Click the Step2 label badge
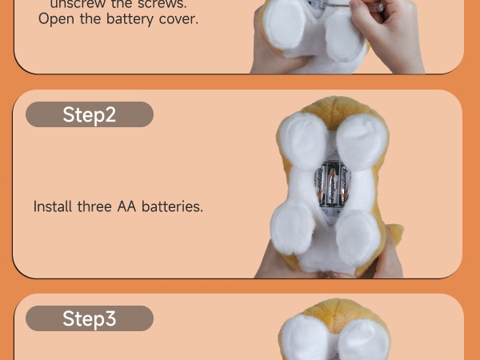pyautogui.click(x=89, y=114)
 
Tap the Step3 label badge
pyautogui.click(x=89, y=318)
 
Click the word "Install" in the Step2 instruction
pyautogui.click(x=54, y=206)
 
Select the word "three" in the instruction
pyautogui.click(x=95, y=206)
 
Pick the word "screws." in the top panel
pyautogui.click(x=165, y=3)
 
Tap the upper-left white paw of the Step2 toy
pyautogui.click(x=305, y=141)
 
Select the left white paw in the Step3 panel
pyautogui.click(x=306, y=339)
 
